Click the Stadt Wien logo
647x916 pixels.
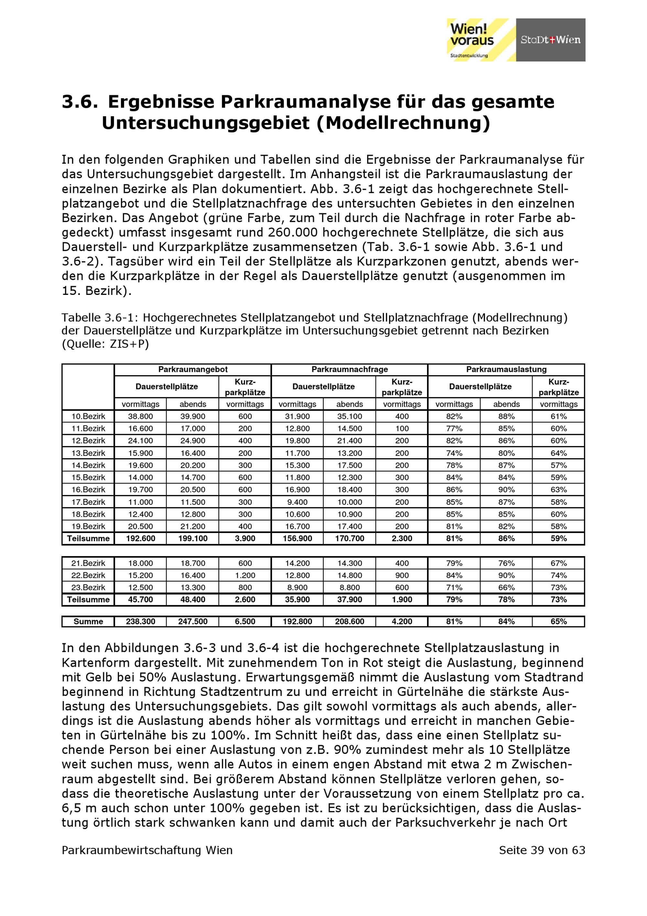(x=550, y=40)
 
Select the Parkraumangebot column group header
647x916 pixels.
(x=192, y=369)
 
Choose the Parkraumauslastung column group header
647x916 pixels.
(x=506, y=369)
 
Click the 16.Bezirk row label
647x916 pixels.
(x=88, y=489)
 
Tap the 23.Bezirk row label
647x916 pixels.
(x=88, y=587)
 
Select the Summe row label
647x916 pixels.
(x=88, y=621)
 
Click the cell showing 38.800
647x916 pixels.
(x=140, y=417)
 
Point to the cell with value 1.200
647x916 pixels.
(x=245, y=575)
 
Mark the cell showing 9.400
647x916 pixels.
(x=297, y=502)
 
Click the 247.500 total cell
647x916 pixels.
(x=192, y=621)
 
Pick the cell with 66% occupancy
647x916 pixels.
(x=506, y=587)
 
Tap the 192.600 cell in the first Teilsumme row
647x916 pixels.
(x=140, y=539)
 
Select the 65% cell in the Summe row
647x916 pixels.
(x=558, y=621)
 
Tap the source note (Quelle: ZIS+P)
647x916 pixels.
(x=105, y=343)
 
